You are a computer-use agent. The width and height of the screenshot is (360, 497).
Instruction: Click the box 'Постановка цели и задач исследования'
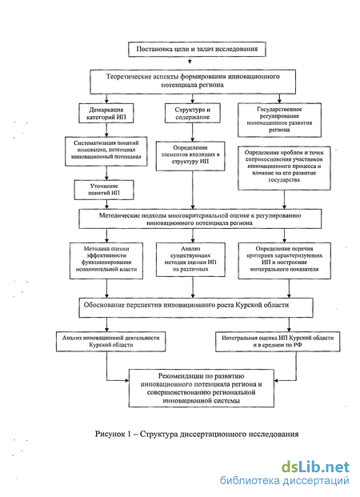[x=197, y=49]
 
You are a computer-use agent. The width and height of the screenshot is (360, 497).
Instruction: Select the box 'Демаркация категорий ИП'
[x=106, y=113]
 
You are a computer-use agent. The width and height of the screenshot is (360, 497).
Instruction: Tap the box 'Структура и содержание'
[x=192, y=113]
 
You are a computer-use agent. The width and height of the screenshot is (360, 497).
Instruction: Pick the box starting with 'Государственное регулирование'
[x=279, y=120]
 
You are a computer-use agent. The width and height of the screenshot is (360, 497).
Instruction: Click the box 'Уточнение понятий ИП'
[x=104, y=190]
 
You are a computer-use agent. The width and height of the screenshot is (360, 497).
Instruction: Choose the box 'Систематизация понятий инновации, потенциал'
[x=106, y=151]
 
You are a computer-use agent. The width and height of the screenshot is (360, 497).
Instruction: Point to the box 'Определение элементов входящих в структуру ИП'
[x=190, y=156]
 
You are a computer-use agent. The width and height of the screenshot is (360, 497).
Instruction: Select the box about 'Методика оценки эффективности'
[x=106, y=261]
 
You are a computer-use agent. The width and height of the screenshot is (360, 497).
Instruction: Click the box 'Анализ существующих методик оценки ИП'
[x=190, y=259]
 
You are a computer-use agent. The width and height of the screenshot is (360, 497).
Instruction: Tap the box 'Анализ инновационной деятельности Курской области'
[x=111, y=342]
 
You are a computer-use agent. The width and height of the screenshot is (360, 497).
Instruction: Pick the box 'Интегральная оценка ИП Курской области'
[x=278, y=342]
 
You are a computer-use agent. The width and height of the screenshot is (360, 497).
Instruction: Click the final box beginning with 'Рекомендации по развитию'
[x=202, y=388]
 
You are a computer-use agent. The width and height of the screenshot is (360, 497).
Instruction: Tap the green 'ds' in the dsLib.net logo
[x=290, y=467]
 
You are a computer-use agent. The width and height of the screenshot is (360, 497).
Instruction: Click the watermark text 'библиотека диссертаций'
[x=284, y=480]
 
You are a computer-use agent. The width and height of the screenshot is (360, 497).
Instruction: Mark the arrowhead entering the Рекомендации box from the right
[x=276, y=380]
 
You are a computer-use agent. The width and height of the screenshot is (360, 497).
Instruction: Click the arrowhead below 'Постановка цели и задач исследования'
[x=190, y=61]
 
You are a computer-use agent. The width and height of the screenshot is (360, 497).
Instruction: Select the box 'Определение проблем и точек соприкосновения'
[x=284, y=168]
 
